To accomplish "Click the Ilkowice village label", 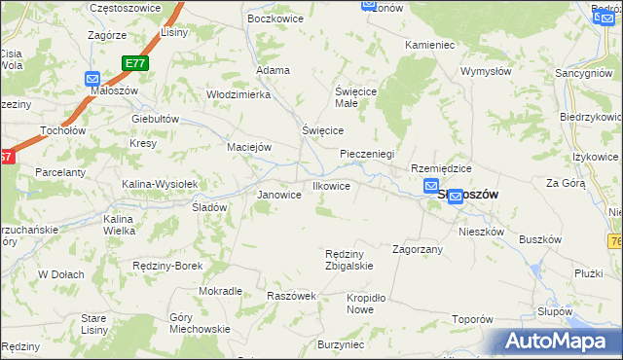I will tap(330, 186).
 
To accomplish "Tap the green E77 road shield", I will tap(135, 63).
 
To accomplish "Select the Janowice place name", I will tap(278, 195).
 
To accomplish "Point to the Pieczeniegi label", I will tap(367, 154).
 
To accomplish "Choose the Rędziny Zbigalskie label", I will tap(348, 260).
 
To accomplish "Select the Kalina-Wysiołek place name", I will tap(160, 184).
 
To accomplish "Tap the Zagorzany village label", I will tap(418, 249).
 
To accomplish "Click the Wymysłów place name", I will tap(486, 72).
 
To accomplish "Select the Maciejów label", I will tap(248, 147).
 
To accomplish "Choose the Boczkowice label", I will tap(272, 18).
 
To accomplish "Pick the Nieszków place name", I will tap(481, 232).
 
